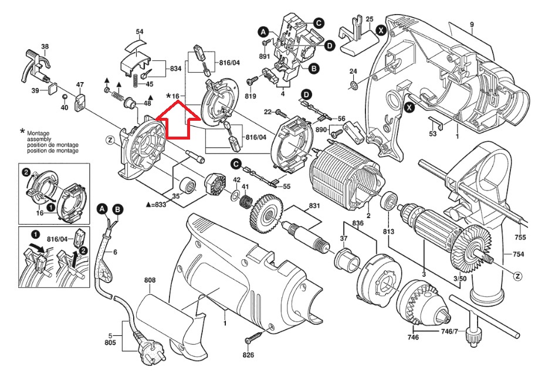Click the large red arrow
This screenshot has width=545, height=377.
click(178, 120)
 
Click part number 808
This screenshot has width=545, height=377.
click(150, 281)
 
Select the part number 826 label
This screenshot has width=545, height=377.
click(249, 355)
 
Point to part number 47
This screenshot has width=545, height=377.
click(80, 84)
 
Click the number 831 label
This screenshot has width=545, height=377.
click(315, 206)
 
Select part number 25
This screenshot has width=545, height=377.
click(369, 19)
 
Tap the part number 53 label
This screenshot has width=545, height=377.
click(433, 134)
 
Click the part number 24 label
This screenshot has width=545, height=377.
click(353, 72)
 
